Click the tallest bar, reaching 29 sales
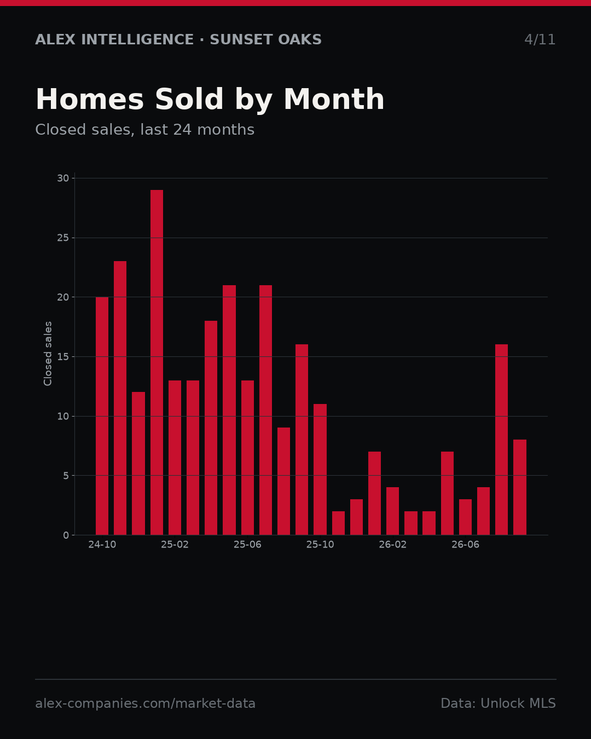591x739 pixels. click(157, 362)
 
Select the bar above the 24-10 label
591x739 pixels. click(102, 416)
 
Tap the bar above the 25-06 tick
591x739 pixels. click(247, 458)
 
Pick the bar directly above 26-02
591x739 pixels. click(392, 511)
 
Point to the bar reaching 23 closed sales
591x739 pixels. click(120, 398)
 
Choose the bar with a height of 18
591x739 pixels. click(211, 428)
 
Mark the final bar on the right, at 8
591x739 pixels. click(520, 487)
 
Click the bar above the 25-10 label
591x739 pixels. click(320, 470)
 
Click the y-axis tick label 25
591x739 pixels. click(63, 238)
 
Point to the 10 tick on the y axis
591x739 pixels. click(63, 417)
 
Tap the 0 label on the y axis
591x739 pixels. click(66, 535)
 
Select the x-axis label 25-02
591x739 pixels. click(175, 545)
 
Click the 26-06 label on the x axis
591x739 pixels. click(465, 545)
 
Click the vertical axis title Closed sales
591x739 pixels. click(48, 354)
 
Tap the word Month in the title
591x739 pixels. click(334, 99)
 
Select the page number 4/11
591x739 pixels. click(540, 40)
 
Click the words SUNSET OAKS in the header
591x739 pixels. click(266, 40)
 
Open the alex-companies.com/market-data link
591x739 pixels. click(145, 703)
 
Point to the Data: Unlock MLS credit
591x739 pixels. click(499, 703)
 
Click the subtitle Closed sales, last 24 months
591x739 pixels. click(145, 130)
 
